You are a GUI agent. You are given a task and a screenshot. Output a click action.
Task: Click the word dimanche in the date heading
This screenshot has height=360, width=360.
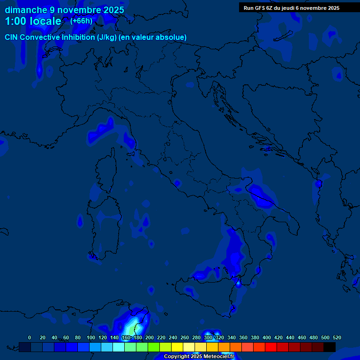[26, 10]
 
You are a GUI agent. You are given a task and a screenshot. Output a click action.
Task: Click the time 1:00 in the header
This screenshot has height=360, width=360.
[16, 22]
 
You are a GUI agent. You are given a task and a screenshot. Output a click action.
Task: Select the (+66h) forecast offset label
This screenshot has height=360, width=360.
[81, 21]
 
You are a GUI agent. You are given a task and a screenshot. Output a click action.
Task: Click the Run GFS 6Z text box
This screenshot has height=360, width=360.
[292, 7]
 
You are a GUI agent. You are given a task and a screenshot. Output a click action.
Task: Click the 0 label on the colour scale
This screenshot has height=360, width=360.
[30, 337]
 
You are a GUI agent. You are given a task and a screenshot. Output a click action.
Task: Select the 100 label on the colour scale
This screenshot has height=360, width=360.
[91, 337]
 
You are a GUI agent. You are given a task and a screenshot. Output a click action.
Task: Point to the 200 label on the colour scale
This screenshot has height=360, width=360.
[150, 337]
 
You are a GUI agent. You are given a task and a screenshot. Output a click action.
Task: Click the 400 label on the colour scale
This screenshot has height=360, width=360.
[267, 337]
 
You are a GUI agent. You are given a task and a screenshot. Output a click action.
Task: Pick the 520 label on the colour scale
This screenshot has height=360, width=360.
[337, 337]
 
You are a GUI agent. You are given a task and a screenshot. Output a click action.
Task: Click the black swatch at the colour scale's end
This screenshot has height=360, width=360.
[330, 347]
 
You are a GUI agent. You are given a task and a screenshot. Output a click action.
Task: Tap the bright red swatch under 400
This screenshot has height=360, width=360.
[271, 347]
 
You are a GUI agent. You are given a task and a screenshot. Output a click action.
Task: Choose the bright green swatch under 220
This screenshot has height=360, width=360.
[154, 347]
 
